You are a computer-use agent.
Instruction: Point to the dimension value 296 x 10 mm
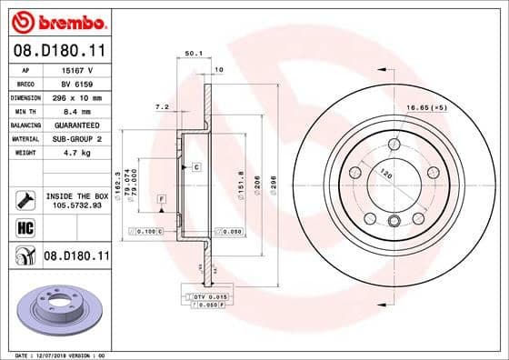pos(75,96)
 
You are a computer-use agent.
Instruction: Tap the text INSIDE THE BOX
pos(76,195)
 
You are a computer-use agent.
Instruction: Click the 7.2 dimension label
pos(163,107)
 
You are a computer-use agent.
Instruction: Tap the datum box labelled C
pos(195,168)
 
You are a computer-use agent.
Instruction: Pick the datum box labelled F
pos(161,198)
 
